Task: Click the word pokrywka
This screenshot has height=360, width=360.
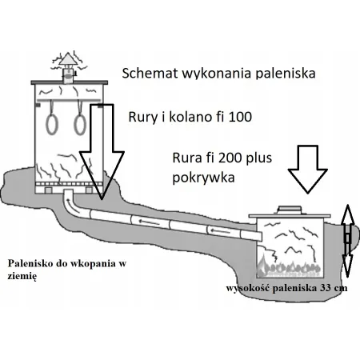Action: [x=203, y=178]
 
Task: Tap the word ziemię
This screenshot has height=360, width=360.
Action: [x=22, y=276]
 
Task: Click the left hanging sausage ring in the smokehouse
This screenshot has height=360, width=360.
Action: [x=52, y=124]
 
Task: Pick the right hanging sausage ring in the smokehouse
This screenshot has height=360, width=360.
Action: [x=80, y=125]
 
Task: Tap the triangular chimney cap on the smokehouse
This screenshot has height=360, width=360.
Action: [x=68, y=58]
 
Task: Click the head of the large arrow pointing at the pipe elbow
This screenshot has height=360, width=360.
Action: [x=102, y=174]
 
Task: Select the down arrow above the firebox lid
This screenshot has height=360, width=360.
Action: [x=308, y=169]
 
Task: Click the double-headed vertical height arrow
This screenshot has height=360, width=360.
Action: [x=347, y=241]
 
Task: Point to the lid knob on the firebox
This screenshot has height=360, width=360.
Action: [x=290, y=210]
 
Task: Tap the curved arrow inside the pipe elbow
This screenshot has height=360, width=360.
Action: [x=70, y=203]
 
